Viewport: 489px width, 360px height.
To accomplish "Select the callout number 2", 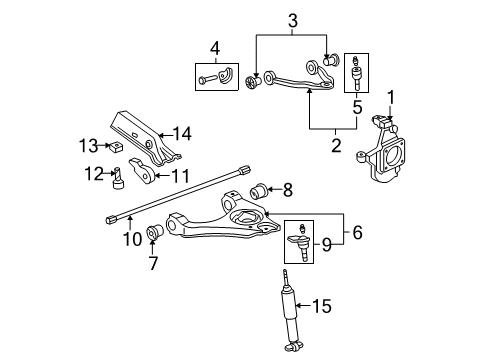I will pyautogui.click(x=337, y=145).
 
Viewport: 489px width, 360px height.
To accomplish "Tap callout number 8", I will pyautogui.click(x=289, y=187).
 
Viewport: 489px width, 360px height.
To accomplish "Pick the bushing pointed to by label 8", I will pyautogui.click(x=257, y=189).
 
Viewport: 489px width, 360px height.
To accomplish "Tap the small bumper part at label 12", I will pyautogui.click(x=118, y=181).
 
